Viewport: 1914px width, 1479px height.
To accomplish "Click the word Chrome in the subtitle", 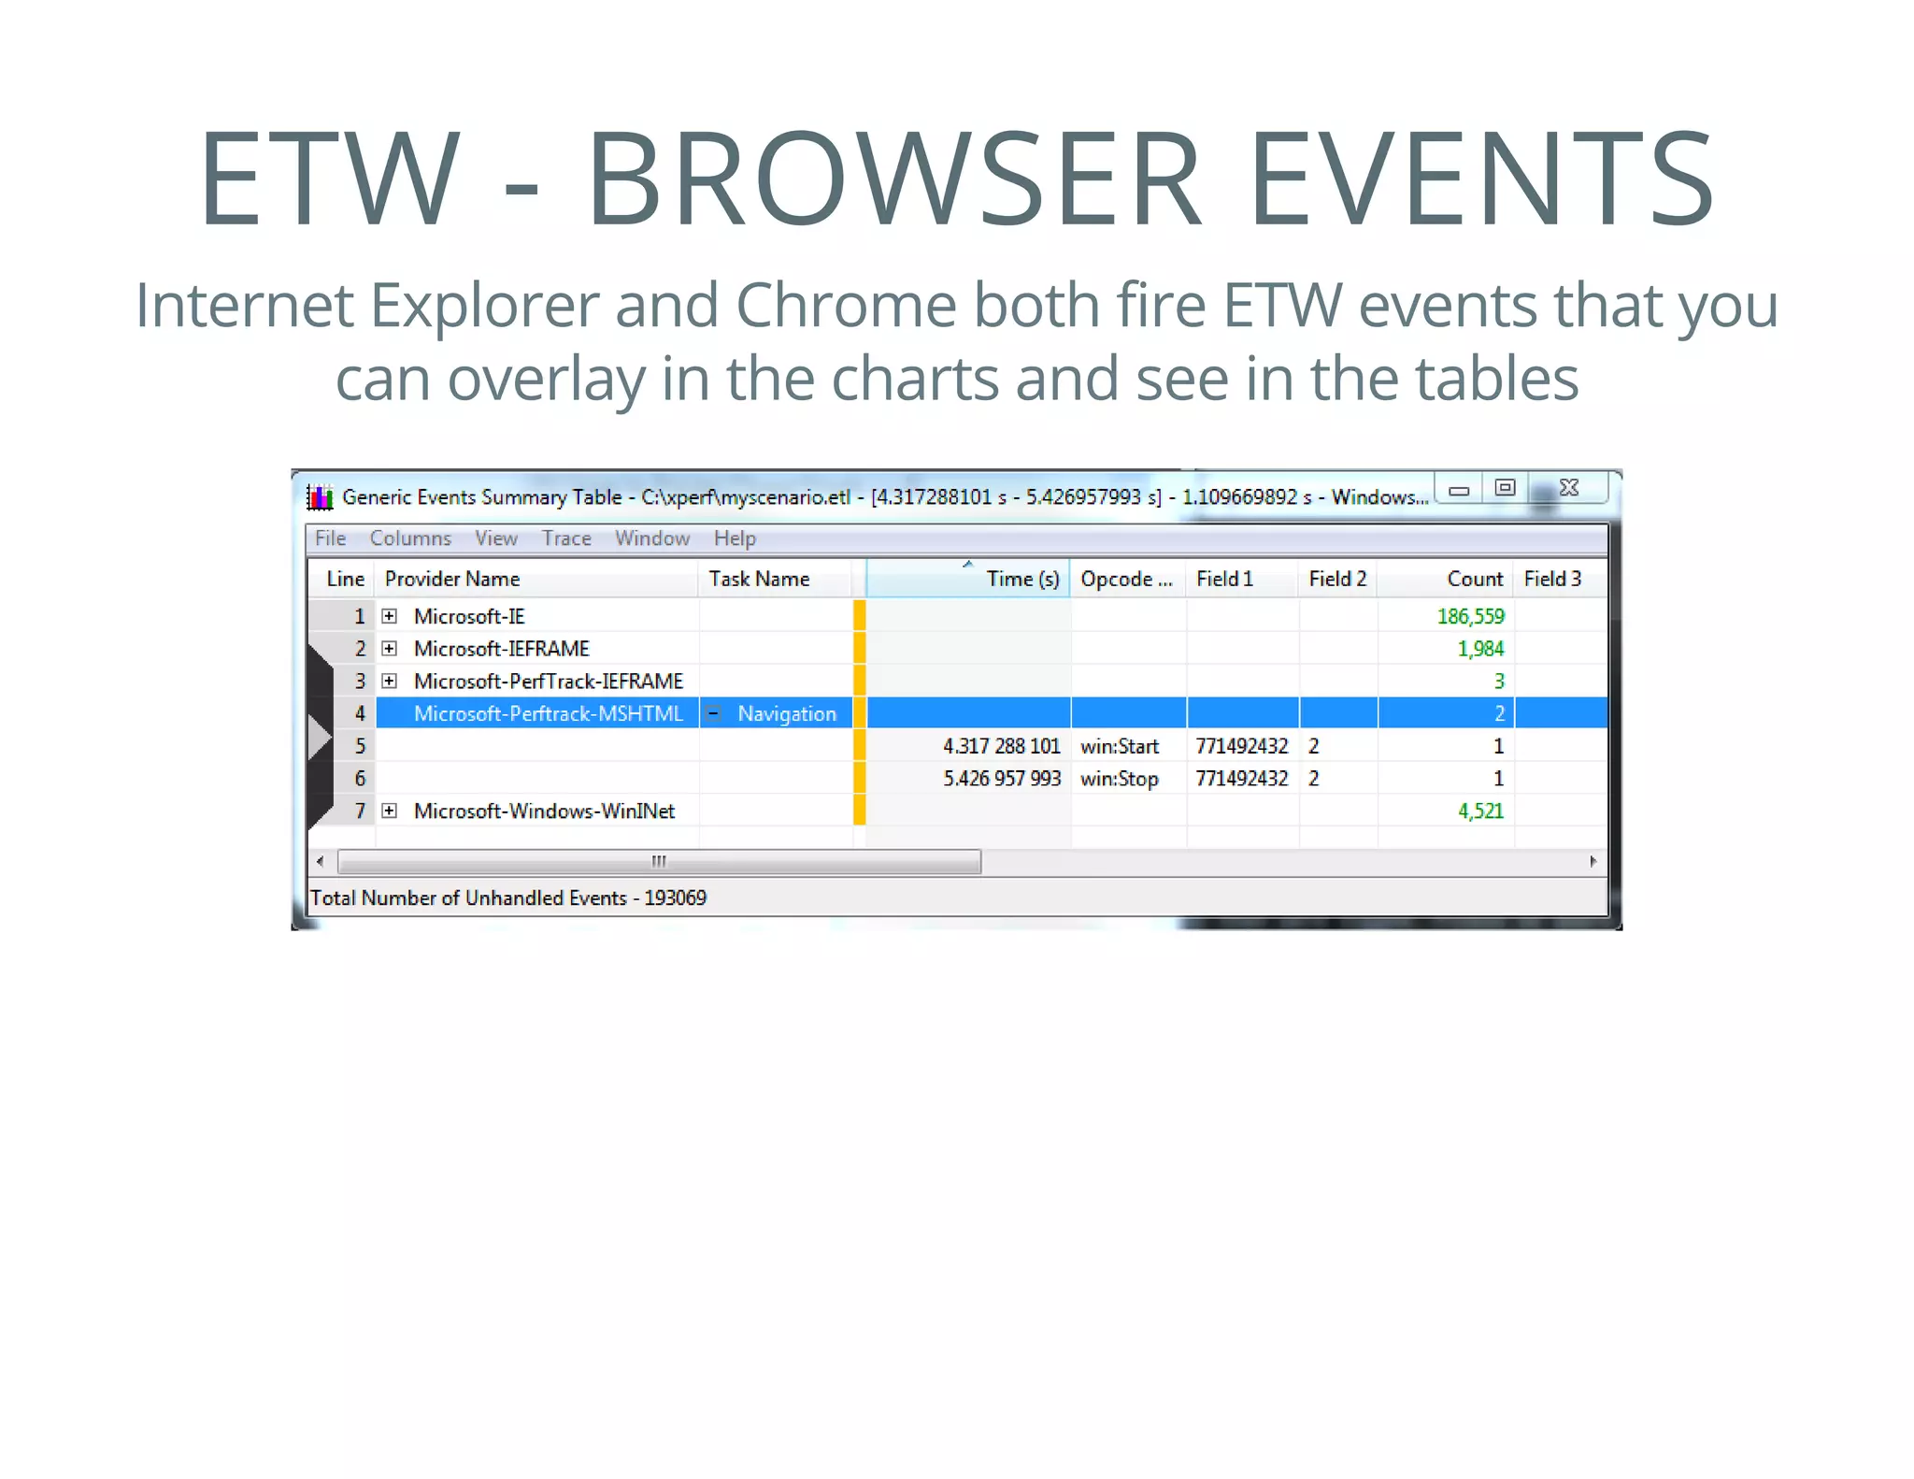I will coord(846,306).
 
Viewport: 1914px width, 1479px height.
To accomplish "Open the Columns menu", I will coord(410,538).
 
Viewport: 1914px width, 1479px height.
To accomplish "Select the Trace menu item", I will coord(566,538).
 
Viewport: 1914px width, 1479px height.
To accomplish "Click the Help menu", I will coord(735,538).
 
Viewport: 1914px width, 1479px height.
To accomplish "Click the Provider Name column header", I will coord(452,579).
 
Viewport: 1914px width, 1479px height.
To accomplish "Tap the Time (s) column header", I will coord(1022,579).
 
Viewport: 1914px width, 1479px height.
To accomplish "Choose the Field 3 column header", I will coord(1552,579).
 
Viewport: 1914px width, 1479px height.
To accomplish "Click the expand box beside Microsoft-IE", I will coord(390,616).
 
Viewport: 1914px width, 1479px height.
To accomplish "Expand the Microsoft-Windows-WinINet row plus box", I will coord(390,811).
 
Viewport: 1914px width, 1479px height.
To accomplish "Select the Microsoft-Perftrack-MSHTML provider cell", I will coord(548,713).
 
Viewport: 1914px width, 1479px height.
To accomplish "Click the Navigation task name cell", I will coord(787,713).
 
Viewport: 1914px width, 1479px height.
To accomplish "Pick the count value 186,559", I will coord(1470,616).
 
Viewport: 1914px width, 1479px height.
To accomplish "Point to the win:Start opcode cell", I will coord(1120,746).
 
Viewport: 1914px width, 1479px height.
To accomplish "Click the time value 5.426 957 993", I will coord(1002,779).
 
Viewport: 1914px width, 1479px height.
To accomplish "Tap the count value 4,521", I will coord(1480,811).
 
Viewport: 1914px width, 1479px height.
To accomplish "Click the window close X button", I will coord(1569,488).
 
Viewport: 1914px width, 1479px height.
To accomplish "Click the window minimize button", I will coord(1459,489).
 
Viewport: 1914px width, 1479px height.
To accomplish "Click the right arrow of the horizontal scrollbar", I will coord(1593,861).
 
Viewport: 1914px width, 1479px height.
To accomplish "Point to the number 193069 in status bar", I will coord(675,898).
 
